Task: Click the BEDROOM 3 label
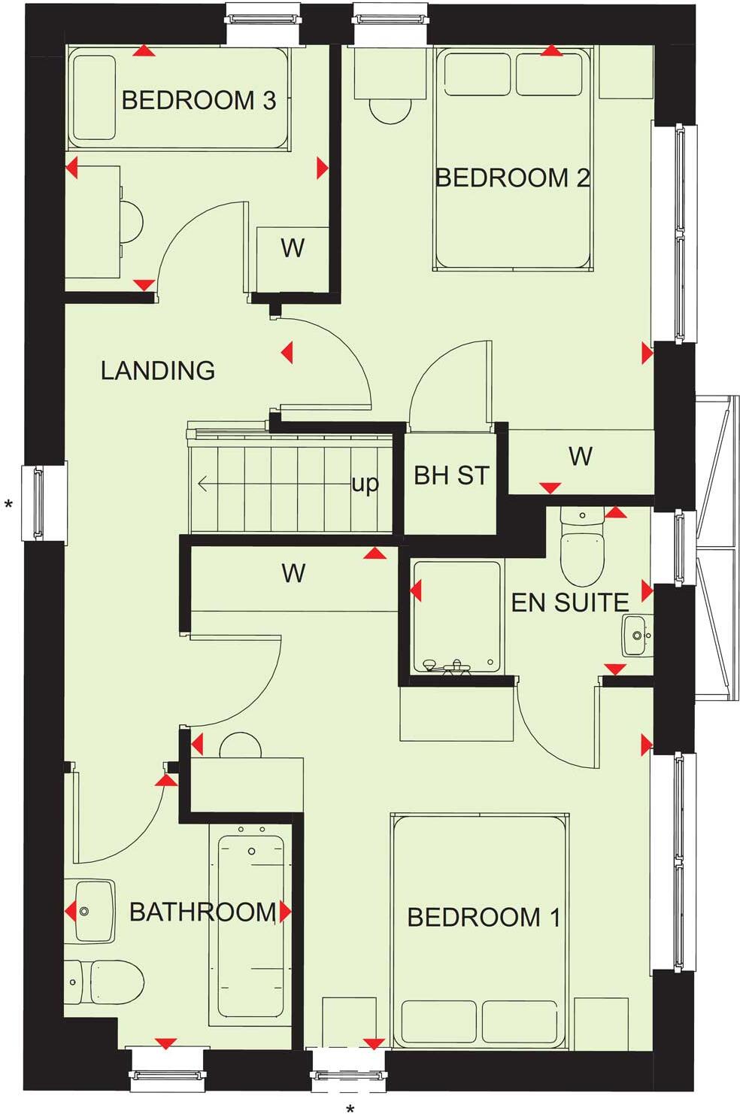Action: [199, 100]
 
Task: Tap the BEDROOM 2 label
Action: [512, 178]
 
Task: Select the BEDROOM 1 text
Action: [483, 917]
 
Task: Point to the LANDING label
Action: [158, 370]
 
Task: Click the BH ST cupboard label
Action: [451, 475]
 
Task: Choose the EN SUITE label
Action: [569, 603]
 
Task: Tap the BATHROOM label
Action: [202, 912]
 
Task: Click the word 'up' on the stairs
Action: [365, 484]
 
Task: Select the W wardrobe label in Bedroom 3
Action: [293, 247]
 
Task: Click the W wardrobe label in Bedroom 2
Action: [580, 456]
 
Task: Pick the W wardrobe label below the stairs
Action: [293, 574]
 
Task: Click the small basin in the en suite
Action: [636, 635]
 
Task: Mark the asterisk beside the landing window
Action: [9, 505]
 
